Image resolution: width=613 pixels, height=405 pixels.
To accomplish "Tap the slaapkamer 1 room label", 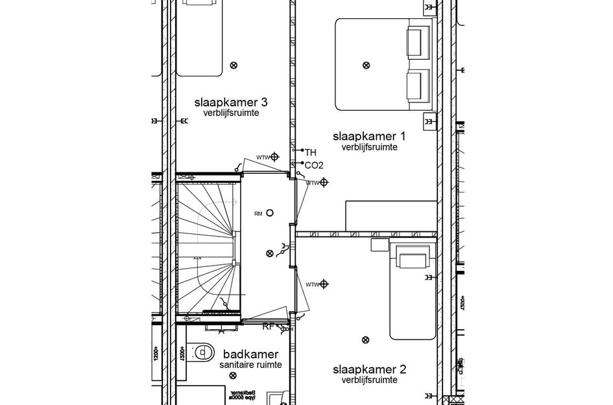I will (369, 136).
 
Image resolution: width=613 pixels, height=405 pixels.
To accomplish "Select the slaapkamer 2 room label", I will (369, 370).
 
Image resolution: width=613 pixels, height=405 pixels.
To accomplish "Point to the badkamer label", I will (250, 354).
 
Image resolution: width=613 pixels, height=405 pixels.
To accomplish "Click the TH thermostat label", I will (310, 152).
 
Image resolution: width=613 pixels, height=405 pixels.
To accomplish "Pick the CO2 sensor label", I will (313, 165).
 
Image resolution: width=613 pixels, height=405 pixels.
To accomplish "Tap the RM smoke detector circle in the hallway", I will (270, 213).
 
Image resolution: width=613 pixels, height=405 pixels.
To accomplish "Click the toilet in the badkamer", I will (203, 352).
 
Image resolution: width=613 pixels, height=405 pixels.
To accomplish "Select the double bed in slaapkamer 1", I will (383, 64).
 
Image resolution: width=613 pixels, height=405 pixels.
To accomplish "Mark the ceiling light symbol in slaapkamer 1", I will (366, 65).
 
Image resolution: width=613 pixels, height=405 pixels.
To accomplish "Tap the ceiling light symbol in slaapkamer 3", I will (234, 65).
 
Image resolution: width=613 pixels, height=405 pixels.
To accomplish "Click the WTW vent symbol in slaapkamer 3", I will (275, 157).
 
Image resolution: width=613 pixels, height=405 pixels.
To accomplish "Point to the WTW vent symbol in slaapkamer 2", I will (324, 284).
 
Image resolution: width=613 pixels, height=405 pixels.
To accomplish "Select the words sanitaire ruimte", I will (250, 365).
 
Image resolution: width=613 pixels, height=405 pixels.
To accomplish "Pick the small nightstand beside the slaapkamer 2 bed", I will (379, 244).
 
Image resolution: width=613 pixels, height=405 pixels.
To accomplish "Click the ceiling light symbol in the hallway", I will (270, 253).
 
